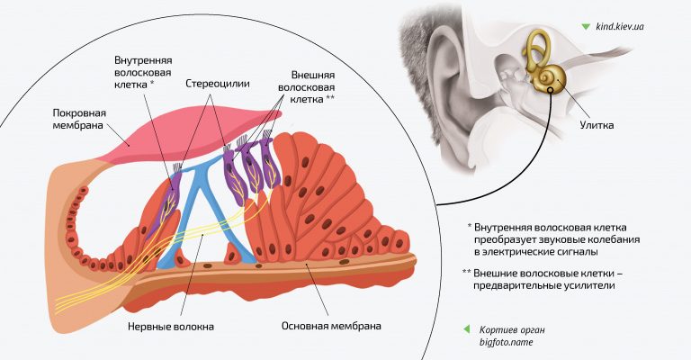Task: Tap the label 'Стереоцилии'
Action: [217, 83]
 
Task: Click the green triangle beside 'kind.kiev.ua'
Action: [586, 27]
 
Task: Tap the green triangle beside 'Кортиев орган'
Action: [465, 328]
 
